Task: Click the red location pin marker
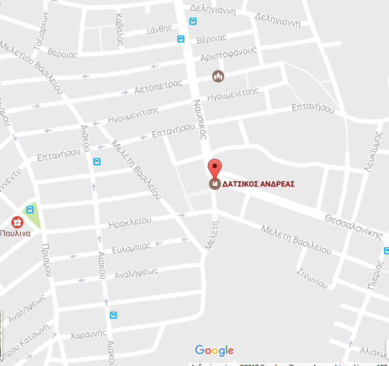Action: point(215,168)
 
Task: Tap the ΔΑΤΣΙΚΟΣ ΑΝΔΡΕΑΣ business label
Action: point(259,185)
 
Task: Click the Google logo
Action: point(214,350)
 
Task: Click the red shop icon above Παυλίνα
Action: point(17,222)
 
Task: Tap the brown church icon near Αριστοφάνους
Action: point(218,76)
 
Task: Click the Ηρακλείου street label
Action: point(129,221)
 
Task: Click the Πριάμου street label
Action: point(46,260)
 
